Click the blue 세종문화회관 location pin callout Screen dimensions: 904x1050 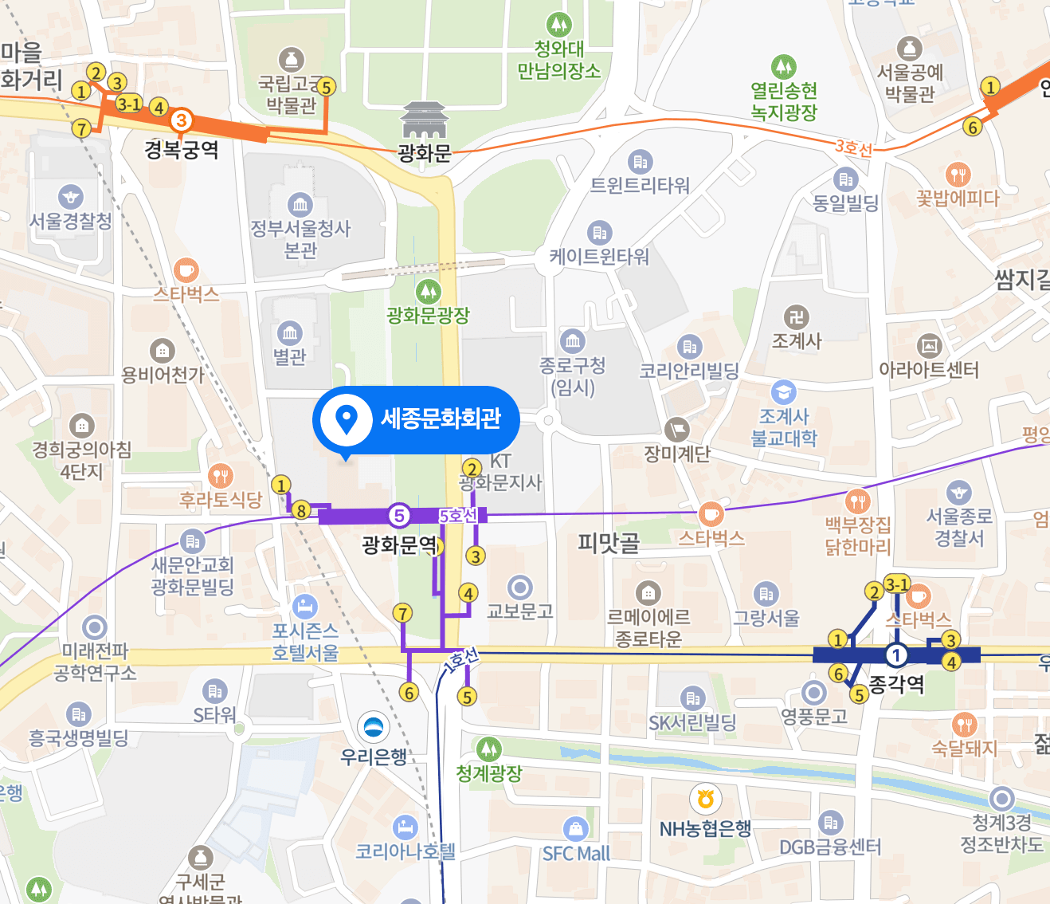(416, 419)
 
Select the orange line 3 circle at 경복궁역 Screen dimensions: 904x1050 (182, 120)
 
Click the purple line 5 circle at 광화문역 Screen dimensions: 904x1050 (399, 516)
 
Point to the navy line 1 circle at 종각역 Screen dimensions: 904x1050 (896, 655)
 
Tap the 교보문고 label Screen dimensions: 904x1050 (520, 611)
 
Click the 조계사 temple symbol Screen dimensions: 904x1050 (796, 316)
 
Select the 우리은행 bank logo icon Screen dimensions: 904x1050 (372, 726)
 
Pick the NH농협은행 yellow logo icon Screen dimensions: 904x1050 (705, 797)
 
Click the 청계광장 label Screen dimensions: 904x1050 (489, 772)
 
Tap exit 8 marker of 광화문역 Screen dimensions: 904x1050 (300, 510)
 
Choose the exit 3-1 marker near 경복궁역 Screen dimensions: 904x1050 (129, 104)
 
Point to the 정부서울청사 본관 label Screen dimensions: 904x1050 (300, 239)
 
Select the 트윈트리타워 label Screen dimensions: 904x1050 (640, 186)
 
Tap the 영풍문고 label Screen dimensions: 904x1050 (814, 717)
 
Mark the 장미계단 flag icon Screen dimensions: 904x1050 (676, 429)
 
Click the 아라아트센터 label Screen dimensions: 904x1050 (929, 370)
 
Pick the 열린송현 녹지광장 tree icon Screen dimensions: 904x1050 (784, 66)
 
